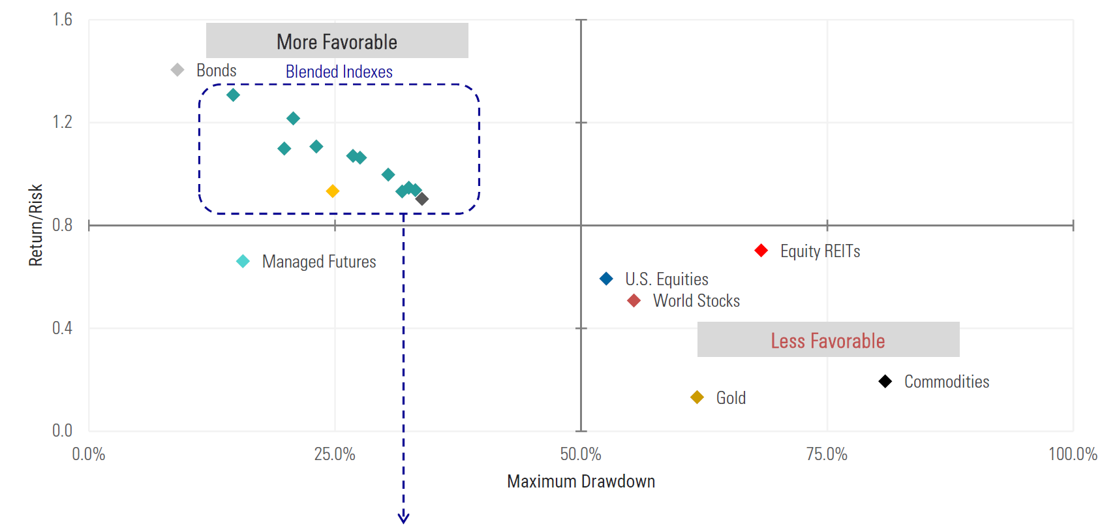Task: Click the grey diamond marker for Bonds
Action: pyautogui.click(x=177, y=70)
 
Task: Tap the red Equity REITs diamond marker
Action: pyautogui.click(x=761, y=251)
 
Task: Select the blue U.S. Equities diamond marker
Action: pyautogui.click(x=606, y=279)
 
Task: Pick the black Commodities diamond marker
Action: pyautogui.click(x=885, y=381)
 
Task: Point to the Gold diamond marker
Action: pyautogui.click(x=697, y=397)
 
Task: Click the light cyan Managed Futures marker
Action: pyautogui.click(x=243, y=262)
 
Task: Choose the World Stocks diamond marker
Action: pyautogui.click(x=634, y=301)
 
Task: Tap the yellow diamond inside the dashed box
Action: pyautogui.click(x=333, y=191)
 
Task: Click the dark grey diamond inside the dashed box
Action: pyautogui.click(x=422, y=199)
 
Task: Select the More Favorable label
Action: pyautogui.click(x=337, y=42)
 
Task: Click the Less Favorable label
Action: pyautogui.click(x=827, y=340)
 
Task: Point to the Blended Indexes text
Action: pyautogui.click(x=339, y=72)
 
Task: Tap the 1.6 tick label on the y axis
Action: pyautogui.click(x=63, y=20)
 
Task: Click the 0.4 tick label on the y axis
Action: pyautogui.click(x=63, y=328)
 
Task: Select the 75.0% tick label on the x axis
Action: pyautogui.click(x=827, y=454)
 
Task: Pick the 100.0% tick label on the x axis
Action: pyautogui.click(x=1073, y=454)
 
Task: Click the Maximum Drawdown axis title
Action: pyautogui.click(x=581, y=482)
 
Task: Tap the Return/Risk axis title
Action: pyautogui.click(x=36, y=225)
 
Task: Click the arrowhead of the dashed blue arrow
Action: pyautogui.click(x=403, y=518)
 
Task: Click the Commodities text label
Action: pyautogui.click(x=946, y=382)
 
